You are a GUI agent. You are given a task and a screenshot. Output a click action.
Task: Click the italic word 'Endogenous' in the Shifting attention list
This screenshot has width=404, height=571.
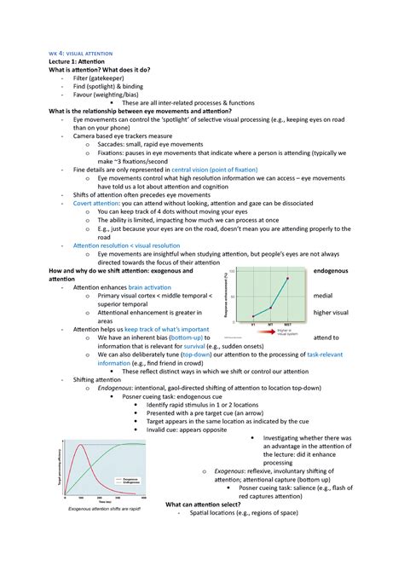[x=118, y=388]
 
